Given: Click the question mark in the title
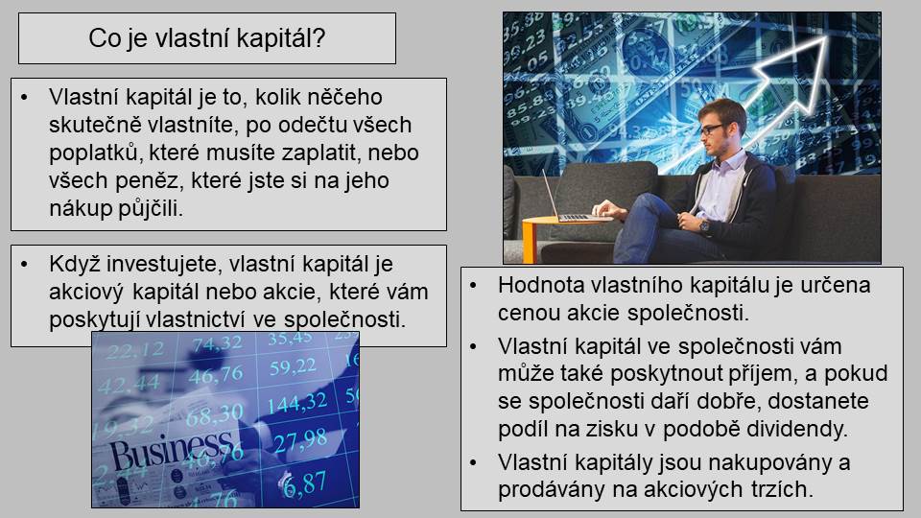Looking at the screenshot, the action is tap(319, 38).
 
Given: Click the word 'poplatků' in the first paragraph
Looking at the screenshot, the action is tap(96, 153).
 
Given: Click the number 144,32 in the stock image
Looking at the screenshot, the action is tap(297, 403).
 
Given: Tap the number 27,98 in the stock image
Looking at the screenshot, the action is tap(300, 440).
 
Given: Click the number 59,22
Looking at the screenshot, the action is tap(293, 367).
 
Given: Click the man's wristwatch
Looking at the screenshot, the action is tap(704, 225).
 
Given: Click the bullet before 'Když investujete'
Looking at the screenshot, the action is tap(24, 265).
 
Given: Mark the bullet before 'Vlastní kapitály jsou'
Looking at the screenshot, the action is tap(473, 462).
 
